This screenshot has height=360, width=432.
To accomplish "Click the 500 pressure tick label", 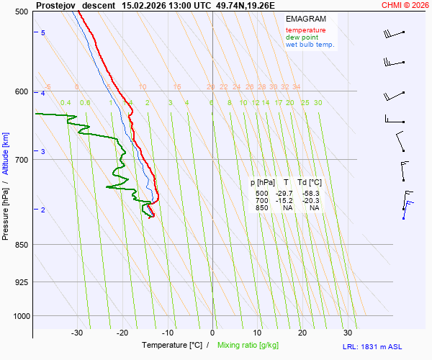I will pos(21,12).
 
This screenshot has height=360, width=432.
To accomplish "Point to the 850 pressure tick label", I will pos(21,245).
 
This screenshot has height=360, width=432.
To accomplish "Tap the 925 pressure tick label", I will pos(21,282).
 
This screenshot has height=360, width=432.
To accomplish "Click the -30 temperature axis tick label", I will pos(77,333).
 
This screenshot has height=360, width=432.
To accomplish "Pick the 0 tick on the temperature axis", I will pos(212,333).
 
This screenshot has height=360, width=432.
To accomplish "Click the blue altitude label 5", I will pos(43,33).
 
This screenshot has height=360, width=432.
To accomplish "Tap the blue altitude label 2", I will pos(43,210).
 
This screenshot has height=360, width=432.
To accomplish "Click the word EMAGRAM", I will pos(305,19).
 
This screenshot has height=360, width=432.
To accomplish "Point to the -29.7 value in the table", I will pos(284,194).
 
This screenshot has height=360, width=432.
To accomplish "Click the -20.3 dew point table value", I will pos(311,201).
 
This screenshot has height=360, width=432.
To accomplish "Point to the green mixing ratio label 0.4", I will pos(66,103).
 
